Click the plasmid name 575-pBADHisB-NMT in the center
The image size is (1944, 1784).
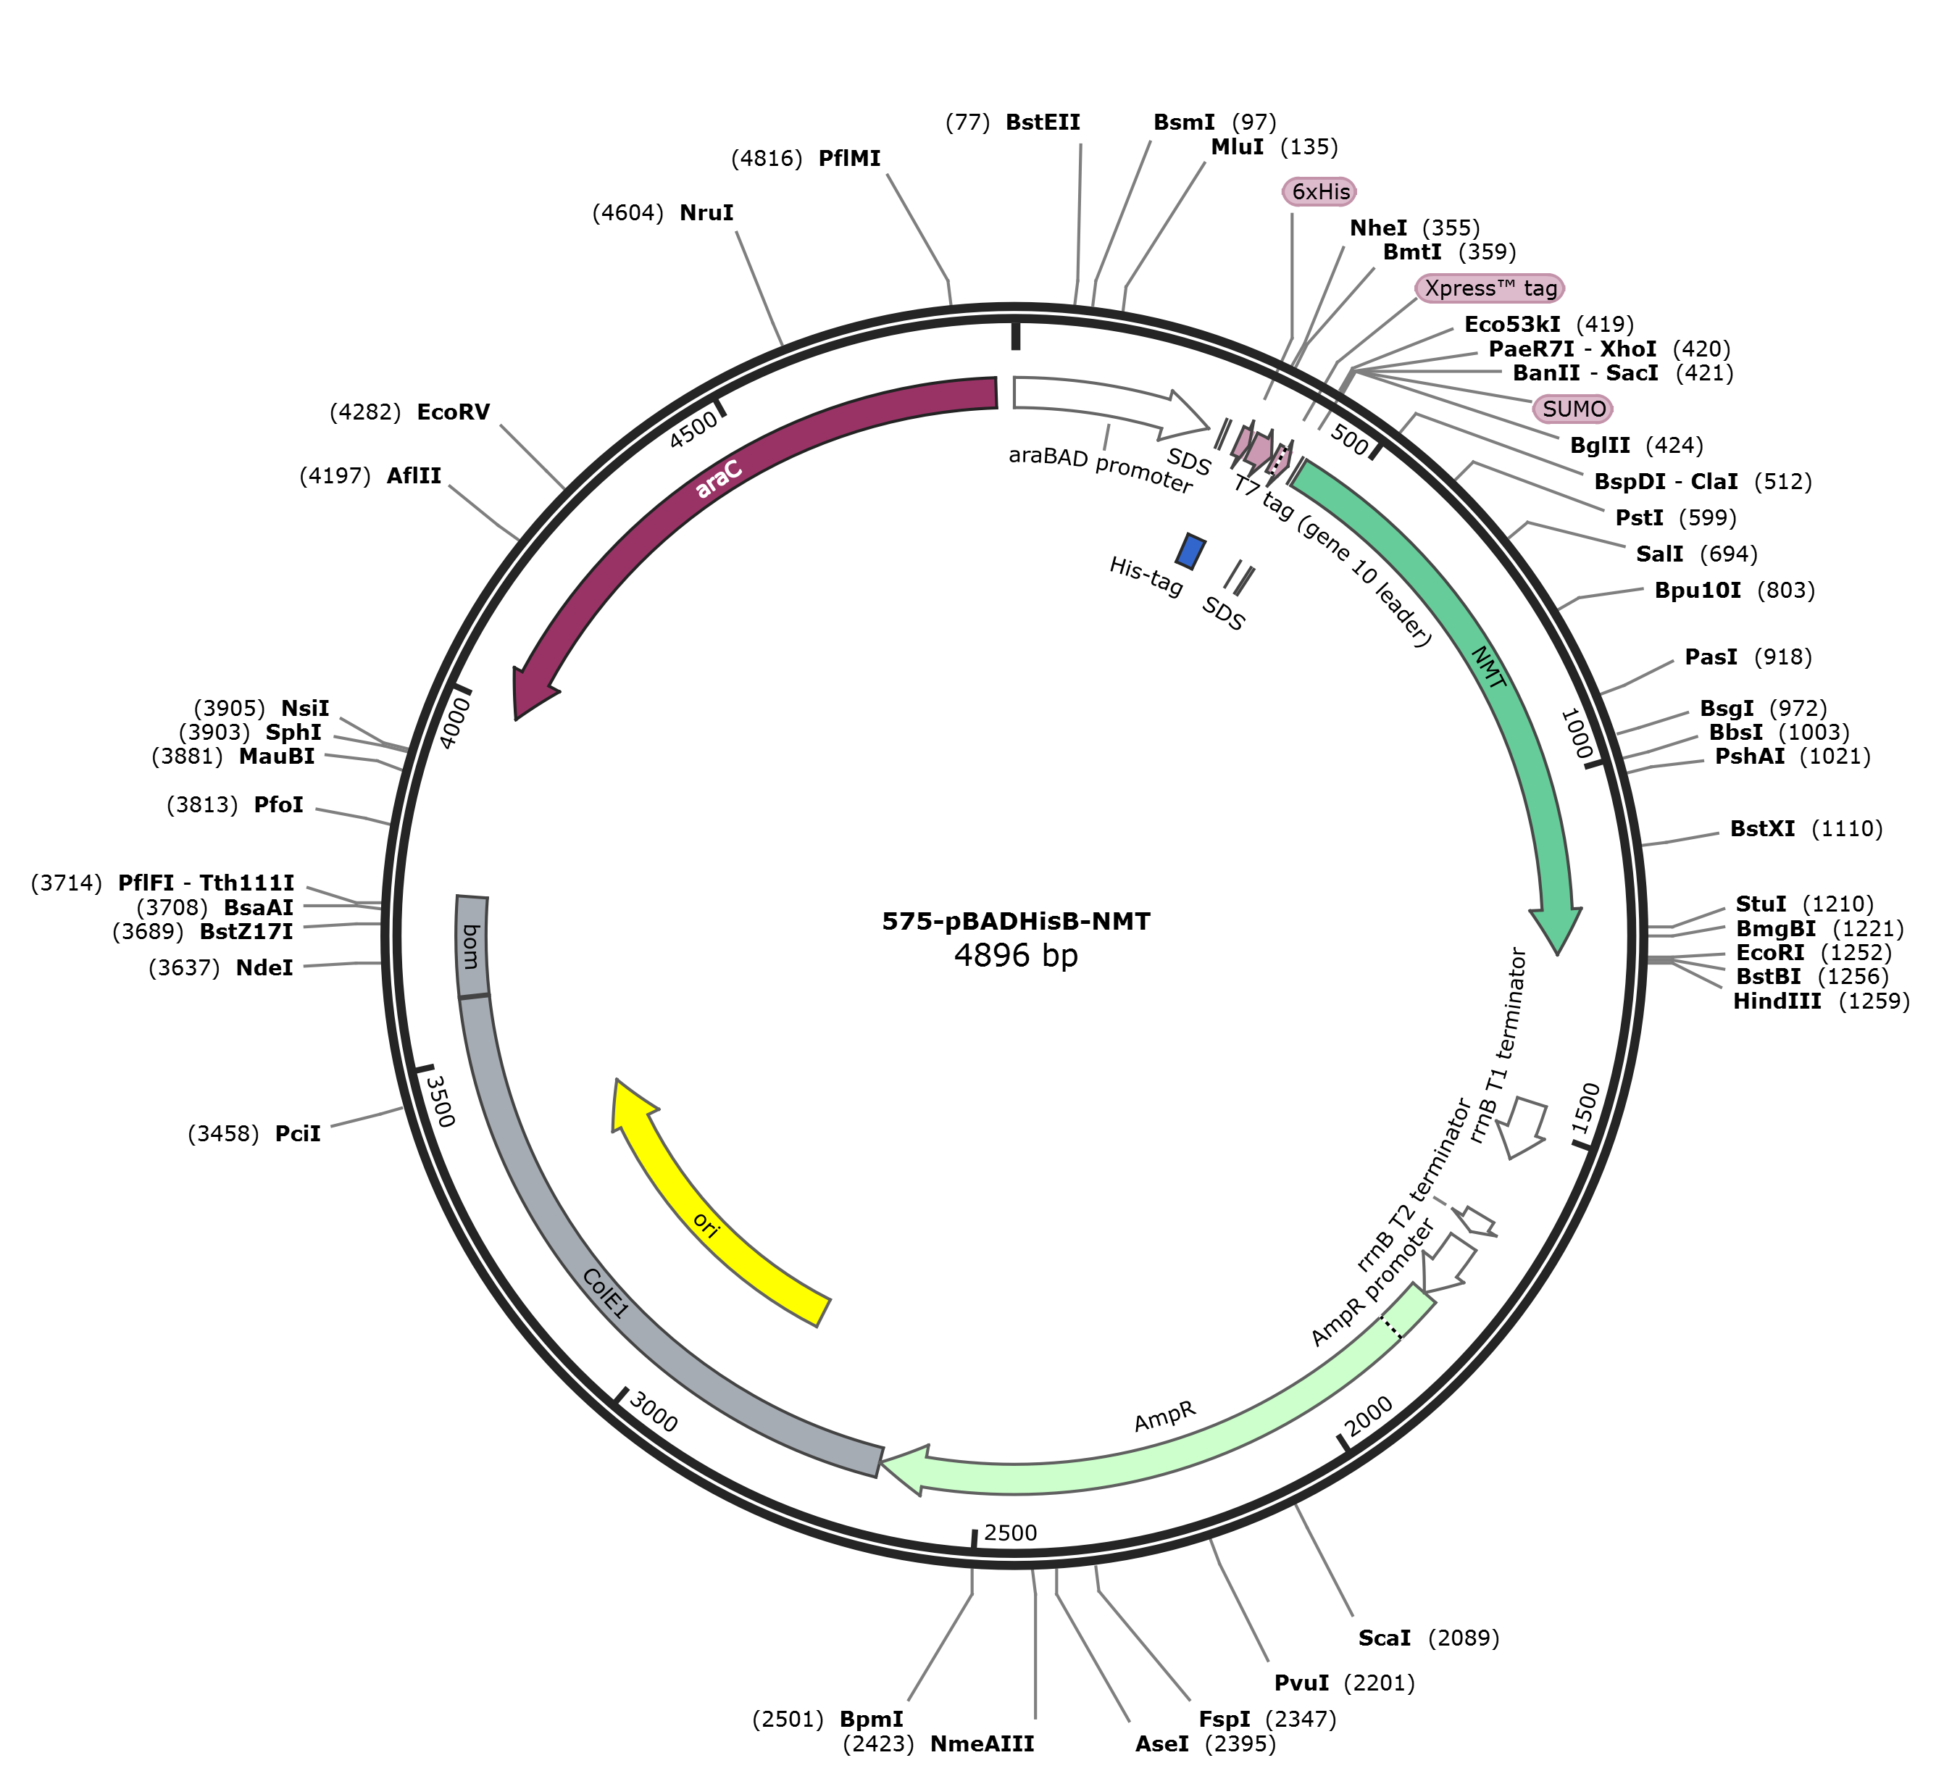pyautogui.click(x=1015, y=921)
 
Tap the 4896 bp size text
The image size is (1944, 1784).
pyautogui.click(x=1015, y=956)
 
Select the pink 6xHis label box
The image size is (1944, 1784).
pyautogui.click(x=1319, y=192)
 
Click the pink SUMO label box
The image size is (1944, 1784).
pyautogui.click(x=1573, y=409)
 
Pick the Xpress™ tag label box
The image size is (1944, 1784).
pyautogui.click(x=1490, y=288)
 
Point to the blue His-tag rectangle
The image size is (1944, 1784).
pyautogui.click(x=1190, y=551)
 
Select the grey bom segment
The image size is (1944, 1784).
pyautogui.click(x=472, y=946)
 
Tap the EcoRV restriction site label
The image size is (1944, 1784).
pyautogui.click(x=453, y=413)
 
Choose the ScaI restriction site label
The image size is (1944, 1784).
pyautogui.click(x=1384, y=1638)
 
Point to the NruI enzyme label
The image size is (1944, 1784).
pyautogui.click(x=706, y=213)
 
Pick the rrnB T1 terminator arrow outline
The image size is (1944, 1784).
pyautogui.click(x=1523, y=1127)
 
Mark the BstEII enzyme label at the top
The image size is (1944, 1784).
pyautogui.click(x=1043, y=122)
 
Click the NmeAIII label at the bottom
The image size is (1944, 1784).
pyautogui.click(x=982, y=1743)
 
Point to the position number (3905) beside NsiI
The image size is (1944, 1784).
pyautogui.click(x=230, y=709)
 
